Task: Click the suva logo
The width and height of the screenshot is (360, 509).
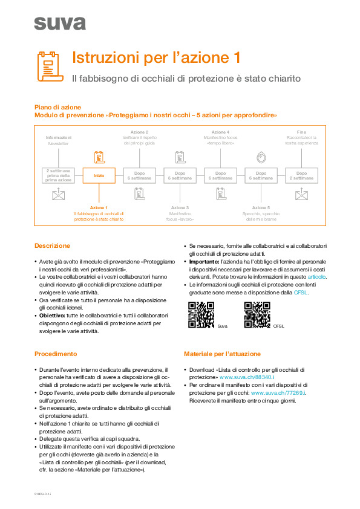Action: click(x=60, y=23)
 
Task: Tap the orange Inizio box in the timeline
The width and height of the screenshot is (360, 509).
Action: click(x=99, y=175)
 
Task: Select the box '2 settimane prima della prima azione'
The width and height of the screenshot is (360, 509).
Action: click(x=59, y=175)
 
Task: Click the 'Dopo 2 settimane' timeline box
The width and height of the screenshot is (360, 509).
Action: click(x=301, y=175)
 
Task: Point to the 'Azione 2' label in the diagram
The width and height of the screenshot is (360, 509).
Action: click(x=139, y=132)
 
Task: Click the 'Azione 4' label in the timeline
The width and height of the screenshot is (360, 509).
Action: click(x=220, y=132)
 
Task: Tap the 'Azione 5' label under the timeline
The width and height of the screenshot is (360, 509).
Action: click(x=261, y=207)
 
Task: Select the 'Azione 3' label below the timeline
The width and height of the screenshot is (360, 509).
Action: click(x=180, y=207)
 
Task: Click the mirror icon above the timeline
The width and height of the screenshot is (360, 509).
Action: click(x=261, y=157)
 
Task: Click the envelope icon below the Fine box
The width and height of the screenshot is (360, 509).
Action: click(x=301, y=194)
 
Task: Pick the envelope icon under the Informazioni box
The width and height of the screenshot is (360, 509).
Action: click(x=59, y=194)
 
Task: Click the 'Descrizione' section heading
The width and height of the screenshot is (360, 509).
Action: click(x=52, y=246)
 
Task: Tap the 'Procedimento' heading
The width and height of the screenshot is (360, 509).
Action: click(x=56, y=354)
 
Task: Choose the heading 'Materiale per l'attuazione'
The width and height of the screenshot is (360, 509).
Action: click(x=222, y=354)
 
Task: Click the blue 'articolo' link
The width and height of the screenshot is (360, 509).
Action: click(x=316, y=276)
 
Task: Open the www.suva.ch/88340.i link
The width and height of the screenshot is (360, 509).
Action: click(x=240, y=377)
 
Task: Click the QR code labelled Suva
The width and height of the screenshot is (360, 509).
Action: click(x=201, y=314)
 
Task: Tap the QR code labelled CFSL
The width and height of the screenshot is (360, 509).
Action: click(x=257, y=314)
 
